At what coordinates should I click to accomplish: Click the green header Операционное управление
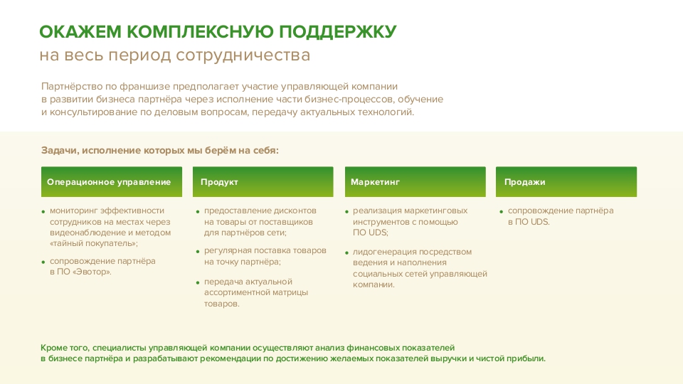click(x=109, y=182)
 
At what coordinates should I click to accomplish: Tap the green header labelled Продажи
click(x=524, y=182)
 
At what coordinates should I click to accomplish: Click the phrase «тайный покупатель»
click(x=94, y=243)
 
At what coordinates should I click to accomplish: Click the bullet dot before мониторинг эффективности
click(x=43, y=211)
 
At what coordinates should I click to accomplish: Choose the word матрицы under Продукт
click(x=293, y=293)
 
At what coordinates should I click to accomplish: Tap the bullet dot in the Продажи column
click(x=501, y=211)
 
